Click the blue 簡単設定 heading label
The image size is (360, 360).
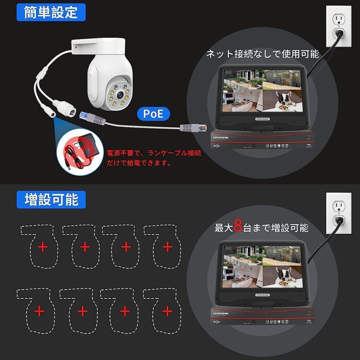point(51,12)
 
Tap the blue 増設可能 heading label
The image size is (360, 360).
point(51,199)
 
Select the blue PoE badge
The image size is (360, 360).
point(153,114)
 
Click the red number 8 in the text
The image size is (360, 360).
point(238,227)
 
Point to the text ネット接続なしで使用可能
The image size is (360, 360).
point(262,54)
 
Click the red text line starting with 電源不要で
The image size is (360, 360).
point(154,153)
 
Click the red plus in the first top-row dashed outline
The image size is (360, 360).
point(43,247)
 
